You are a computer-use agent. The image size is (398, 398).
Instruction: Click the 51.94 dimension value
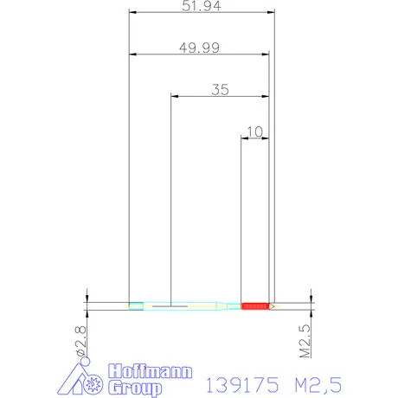(x=199, y=7)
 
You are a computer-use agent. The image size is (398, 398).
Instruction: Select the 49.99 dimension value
(x=199, y=48)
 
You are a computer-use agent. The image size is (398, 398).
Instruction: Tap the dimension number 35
(x=220, y=89)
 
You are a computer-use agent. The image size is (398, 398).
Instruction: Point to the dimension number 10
(x=254, y=131)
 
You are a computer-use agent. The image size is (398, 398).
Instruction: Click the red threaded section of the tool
(x=254, y=305)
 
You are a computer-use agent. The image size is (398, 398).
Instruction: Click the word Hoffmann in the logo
(x=141, y=371)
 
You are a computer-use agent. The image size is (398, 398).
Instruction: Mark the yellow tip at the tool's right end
(x=271, y=305)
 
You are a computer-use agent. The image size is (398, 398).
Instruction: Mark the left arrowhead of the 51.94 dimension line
(x=132, y=13)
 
